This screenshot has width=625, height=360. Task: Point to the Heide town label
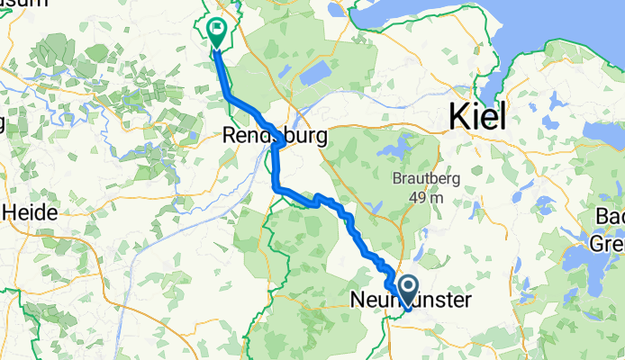pos(32,213)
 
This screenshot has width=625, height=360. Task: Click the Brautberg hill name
pos(421,178)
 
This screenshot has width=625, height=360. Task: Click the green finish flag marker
pos(216,31)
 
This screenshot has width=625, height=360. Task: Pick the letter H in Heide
pos(14,213)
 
